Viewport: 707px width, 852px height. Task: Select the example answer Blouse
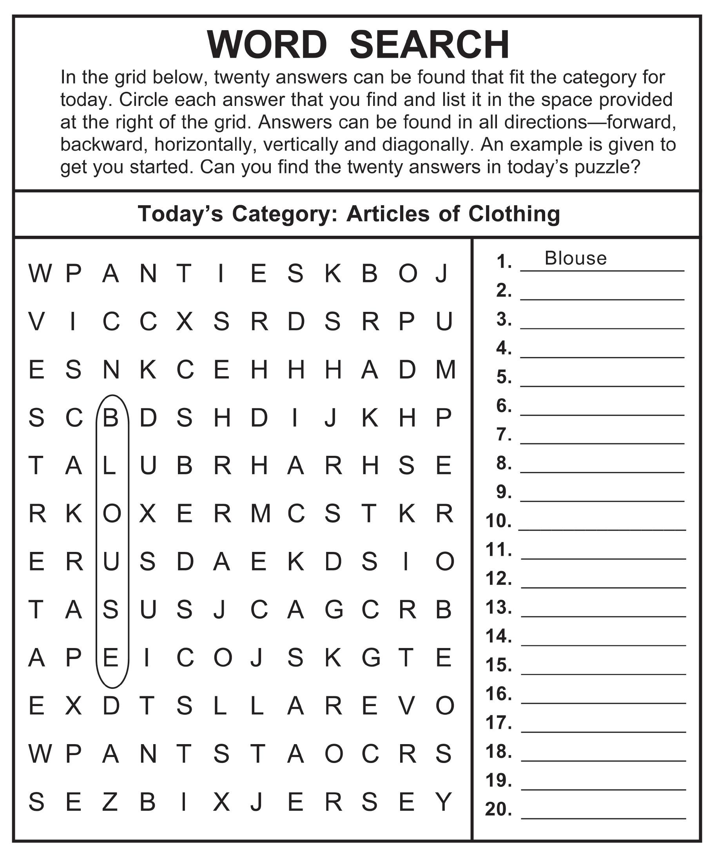click(x=575, y=258)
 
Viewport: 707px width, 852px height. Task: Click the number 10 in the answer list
click(x=498, y=521)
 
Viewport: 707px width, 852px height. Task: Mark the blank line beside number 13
click(x=603, y=616)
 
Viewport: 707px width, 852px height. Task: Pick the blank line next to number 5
click(x=602, y=386)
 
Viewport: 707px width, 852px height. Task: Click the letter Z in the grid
click(x=110, y=802)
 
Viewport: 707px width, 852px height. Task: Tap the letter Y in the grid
click(x=444, y=802)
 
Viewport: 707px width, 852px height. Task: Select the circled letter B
click(x=110, y=417)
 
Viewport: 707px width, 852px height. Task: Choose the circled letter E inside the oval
click(x=111, y=658)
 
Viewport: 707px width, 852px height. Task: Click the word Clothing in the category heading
click(x=514, y=214)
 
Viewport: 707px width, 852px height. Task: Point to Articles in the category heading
click(x=388, y=214)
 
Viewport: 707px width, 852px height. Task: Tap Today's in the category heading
click(x=180, y=214)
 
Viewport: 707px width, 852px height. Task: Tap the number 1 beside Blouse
click(x=504, y=262)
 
